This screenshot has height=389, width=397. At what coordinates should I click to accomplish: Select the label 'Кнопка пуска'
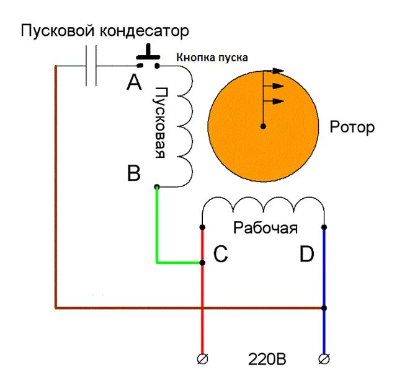pyautogui.click(x=212, y=57)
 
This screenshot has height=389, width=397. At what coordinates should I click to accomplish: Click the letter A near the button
pyautogui.click(x=134, y=81)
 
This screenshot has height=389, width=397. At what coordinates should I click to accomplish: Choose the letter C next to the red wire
pyautogui.click(x=221, y=254)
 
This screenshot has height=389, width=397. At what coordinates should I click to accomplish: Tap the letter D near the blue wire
pyautogui.click(x=306, y=254)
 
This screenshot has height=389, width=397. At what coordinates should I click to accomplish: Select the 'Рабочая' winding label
pyautogui.click(x=265, y=227)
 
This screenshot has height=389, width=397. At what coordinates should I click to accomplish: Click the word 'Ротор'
pyautogui.click(x=352, y=128)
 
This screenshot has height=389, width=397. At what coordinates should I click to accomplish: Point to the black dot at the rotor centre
pyautogui.click(x=263, y=126)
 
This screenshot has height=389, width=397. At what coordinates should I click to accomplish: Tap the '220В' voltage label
pyautogui.click(x=267, y=359)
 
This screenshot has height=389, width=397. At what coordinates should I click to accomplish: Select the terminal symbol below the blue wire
pyautogui.click(x=323, y=359)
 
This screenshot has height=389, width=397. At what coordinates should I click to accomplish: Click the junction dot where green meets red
pyautogui.click(x=202, y=263)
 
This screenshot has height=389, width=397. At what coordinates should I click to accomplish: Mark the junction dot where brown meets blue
pyautogui.click(x=323, y=307)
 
